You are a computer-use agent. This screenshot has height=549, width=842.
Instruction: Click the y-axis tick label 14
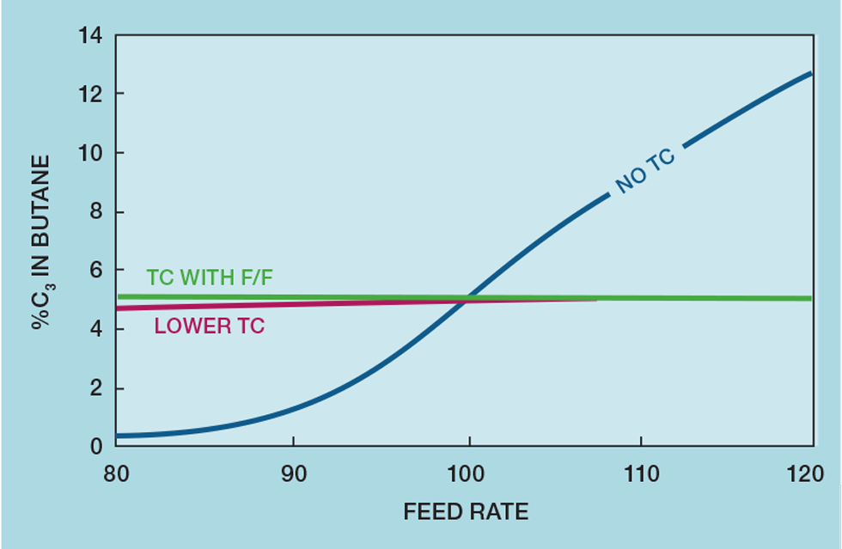pyautogui.click(x=89, y=36)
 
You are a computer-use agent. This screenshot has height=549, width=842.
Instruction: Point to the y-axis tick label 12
pyautogui.click(x=89, y=94)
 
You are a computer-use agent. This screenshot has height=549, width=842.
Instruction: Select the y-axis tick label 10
pyautogui.click(x=89, y=153)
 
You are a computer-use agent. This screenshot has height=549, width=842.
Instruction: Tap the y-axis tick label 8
pyautogui.click(x=96, y=212)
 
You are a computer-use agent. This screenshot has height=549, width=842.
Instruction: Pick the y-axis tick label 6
pyautogui.click(x=96, y=271)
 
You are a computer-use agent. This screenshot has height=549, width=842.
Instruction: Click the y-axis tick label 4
pyautogui.click(x=96, y=330)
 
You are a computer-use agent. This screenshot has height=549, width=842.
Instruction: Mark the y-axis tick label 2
pyautogui.click(x=96, y=389)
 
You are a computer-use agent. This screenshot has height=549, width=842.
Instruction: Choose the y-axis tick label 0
pyautogui.click(x=96, y=448)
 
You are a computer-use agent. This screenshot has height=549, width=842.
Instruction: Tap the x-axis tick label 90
pyautogui.click(x=294, y=474)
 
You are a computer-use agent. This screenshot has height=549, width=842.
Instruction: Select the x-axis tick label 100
pyautogui.click(x=468, y=474)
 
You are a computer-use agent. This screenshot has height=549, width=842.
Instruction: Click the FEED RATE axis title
pyautogui.click(x=466, y=513)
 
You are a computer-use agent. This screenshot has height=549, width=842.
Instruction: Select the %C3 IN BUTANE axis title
pyautogui.click(x=42, y=243)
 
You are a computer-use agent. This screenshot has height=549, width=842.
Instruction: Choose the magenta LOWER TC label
pyautogui.click(x=210, y=326)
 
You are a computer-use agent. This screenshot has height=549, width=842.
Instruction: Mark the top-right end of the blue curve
pyautogui.click(x=811, y=74)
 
